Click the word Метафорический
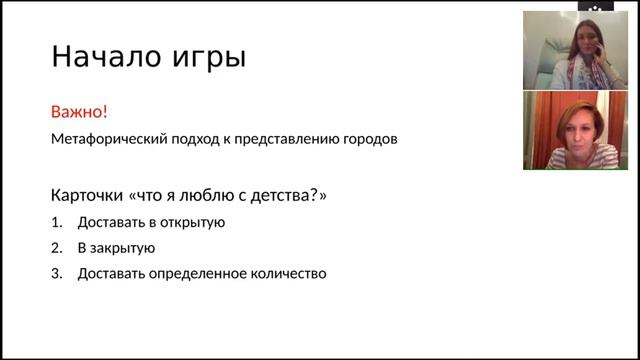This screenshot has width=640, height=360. (x=104, y=139)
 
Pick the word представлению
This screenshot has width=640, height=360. (x=281, y=139)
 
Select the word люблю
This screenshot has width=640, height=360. (x=204, y=195)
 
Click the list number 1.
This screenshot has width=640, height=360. (x=56, y=222)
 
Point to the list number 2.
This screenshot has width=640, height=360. (x=56, y=248)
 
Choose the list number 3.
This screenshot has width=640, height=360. (x=56, y=273)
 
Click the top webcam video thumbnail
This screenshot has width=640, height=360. (x=575, y=50)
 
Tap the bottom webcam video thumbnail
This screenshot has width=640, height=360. (x=575, y=130)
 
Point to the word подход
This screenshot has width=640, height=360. (x=185, y=139)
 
